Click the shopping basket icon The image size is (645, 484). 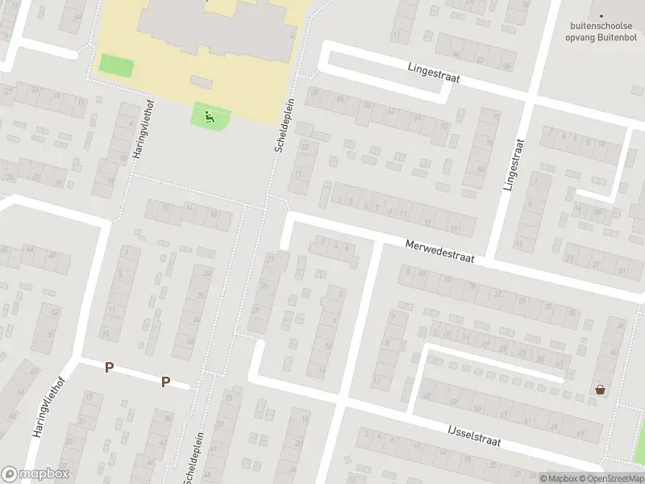(x=600, y=390)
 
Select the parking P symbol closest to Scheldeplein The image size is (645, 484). (x=166, y=382)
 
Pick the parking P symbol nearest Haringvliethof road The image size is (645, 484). (x=109, y=368)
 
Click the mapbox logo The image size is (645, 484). (x=35, y=474)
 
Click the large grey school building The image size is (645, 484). (x=214, y=28)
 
